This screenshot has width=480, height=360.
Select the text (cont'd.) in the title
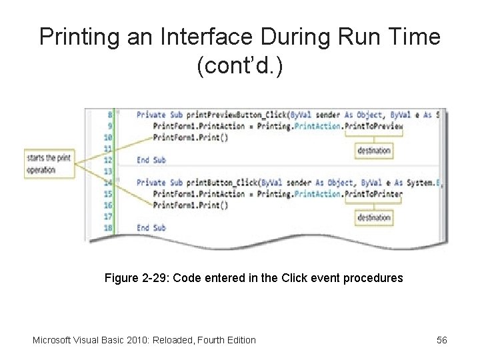(x=240, y=66)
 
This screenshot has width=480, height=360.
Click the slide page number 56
(x=441, y=340)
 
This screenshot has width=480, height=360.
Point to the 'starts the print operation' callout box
(x=49, y=164)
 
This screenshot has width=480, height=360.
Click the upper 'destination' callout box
(x=373, y=150)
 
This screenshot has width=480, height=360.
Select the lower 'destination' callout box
(x=373, y=218)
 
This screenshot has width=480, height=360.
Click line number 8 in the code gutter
(x=109, y=115)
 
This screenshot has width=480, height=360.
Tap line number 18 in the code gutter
(x=107, y=228)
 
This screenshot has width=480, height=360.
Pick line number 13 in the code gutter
(x=107, y=171)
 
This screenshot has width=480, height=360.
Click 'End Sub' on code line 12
(x=151, y=160)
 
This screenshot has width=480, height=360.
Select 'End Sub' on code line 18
(x=151, y=228)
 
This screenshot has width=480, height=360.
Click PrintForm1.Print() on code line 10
(x=190, y=137)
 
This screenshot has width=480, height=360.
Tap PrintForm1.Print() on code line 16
(x=190, y=205)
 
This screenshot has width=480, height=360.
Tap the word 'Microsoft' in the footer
(x=54, y=340)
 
